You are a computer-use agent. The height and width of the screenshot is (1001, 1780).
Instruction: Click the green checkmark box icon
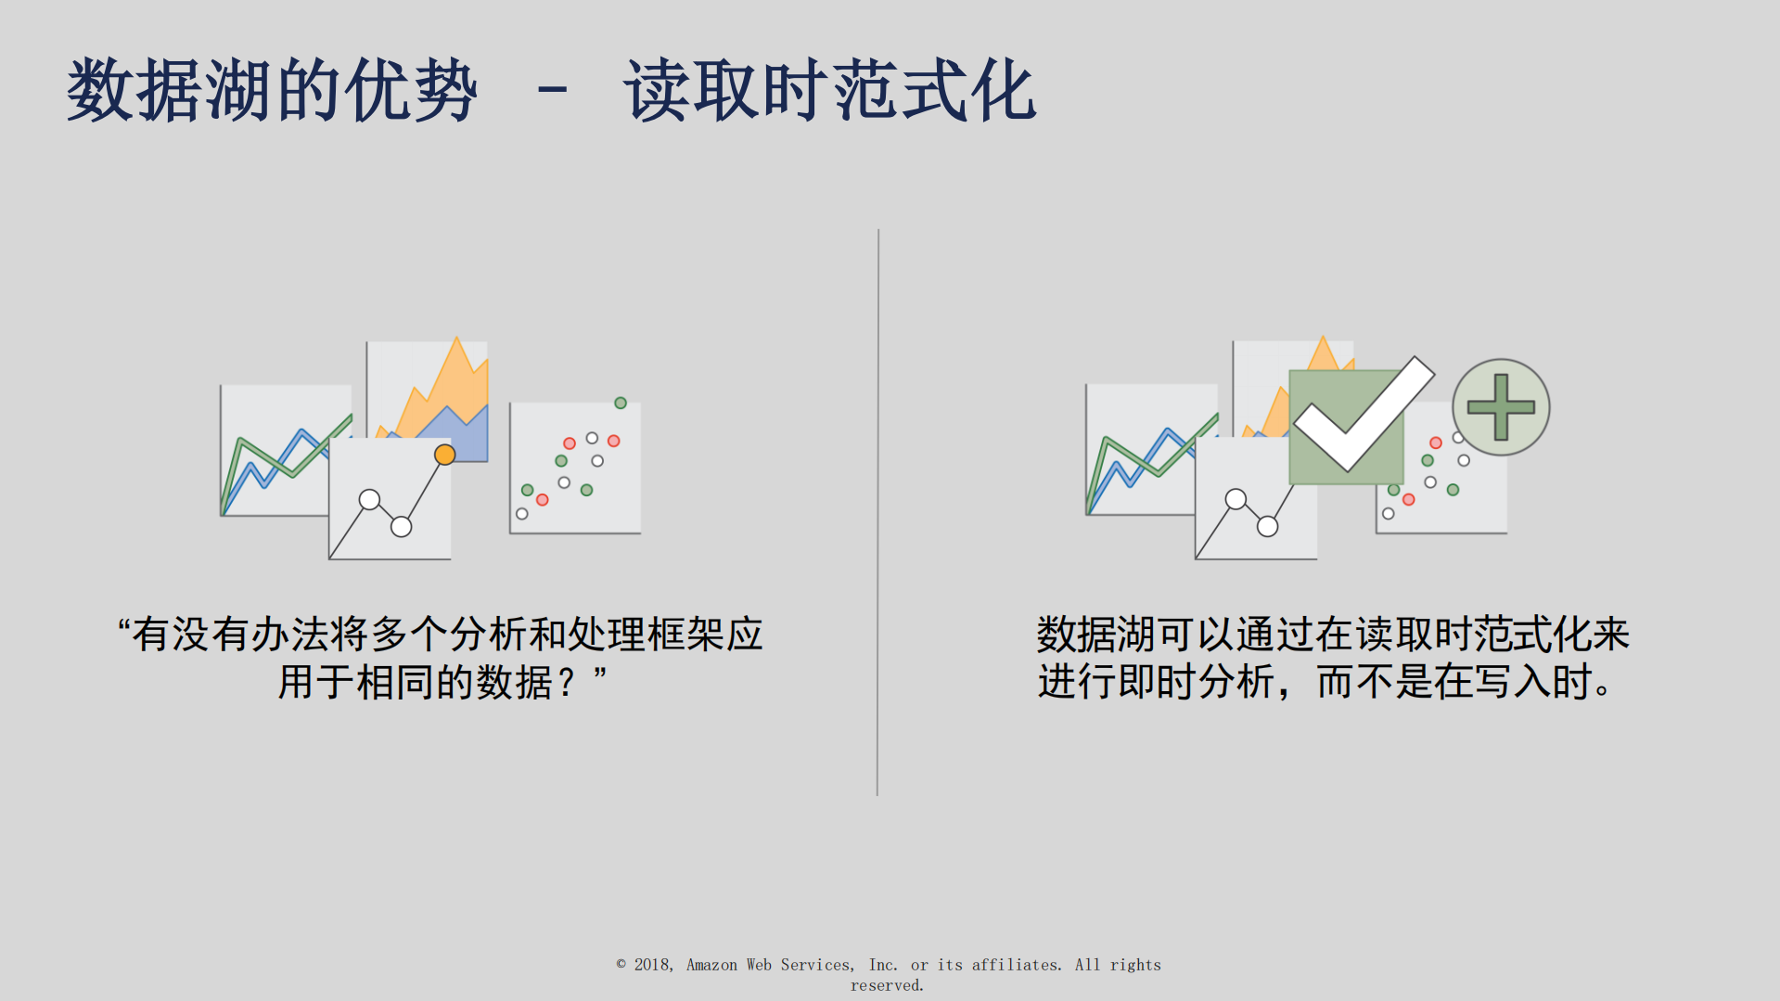tap(1346, 426)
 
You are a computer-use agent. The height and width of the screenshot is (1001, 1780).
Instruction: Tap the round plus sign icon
tap(1500, 407)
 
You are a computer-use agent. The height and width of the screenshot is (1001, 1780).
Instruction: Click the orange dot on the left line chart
tap(445, 455)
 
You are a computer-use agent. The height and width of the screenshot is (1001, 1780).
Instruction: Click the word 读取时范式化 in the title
tap(829, 91)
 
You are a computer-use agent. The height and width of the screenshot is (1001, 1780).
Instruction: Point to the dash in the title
tap(552, 91)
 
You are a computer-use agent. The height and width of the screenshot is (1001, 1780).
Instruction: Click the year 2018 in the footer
tap(652, 965)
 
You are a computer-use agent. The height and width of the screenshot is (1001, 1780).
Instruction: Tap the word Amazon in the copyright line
tap(711, 965)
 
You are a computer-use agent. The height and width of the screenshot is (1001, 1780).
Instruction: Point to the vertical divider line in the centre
tap(877, 510)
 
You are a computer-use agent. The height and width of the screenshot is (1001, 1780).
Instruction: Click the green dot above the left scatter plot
tap(621, 403)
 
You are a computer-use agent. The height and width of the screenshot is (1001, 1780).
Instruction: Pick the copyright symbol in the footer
tap(621, 964)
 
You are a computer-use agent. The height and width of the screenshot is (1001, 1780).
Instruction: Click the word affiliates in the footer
tap(1016, 965)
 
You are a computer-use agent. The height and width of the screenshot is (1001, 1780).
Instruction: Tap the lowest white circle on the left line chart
tap(402, 527)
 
